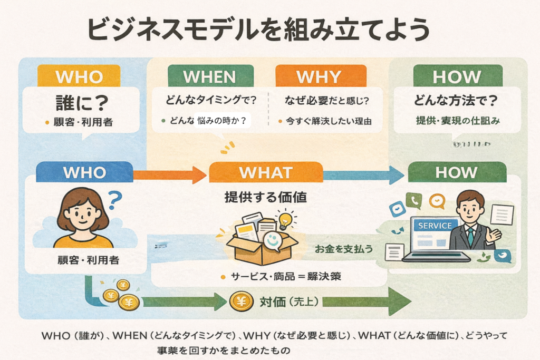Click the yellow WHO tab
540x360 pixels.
click(x=79, y=76)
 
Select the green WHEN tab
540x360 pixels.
click(x=209, y=76)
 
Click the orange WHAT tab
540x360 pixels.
click(x=265, y=172)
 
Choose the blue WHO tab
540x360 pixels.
click(x=84, y=172)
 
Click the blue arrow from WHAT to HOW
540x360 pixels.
click(x=364, y=174)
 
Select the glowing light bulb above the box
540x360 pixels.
click(x=285, y=219)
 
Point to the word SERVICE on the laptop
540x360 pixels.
click(x=435, y=226)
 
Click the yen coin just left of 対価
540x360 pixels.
click(x=240, y=301)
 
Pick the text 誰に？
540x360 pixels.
click(x=79, y=102)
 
